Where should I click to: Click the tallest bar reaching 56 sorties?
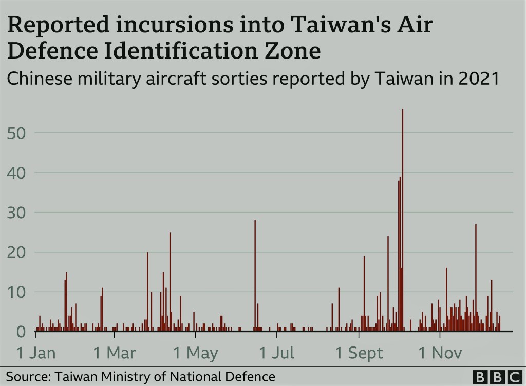(402, 221)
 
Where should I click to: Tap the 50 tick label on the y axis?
(17, 133)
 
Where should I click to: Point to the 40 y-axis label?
(17, 173)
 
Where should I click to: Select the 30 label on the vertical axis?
(17, 213)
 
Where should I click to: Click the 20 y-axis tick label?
(17, 252)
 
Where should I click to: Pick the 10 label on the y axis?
(17, 292)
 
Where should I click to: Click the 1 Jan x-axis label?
(35, 353)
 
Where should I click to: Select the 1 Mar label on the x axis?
(115, 353)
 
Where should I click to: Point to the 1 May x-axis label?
(195, 353)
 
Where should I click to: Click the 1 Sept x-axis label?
(359, 353)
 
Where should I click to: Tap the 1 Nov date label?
(441, 353)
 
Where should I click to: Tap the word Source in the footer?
(24, 376)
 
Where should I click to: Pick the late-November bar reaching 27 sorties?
(476, 278)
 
